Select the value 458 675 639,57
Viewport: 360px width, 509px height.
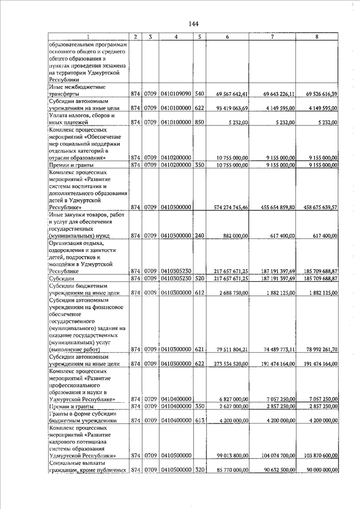(x=319, y=208)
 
